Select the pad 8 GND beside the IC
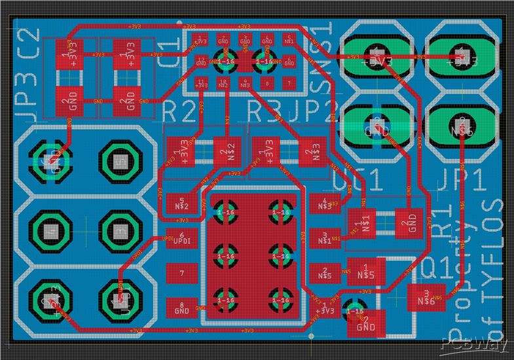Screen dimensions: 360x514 pyautogui.click(x=181, y=307)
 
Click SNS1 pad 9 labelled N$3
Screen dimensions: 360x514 pyautogui.click(x=245, y=83)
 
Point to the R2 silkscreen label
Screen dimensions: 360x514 pyautogui.click(x=178, y=111)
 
